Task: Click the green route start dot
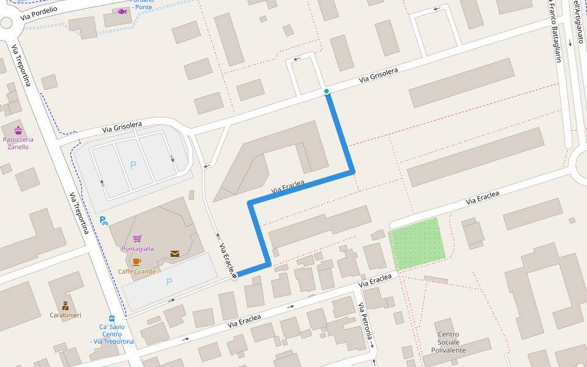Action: click(327, 92)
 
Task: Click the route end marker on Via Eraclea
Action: click(234, 276)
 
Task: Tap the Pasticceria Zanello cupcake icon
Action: click(18, 130)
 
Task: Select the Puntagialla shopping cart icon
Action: click(138, 239)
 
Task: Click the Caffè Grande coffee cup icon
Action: click(136, 262)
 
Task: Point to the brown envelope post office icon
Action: click(175, 254)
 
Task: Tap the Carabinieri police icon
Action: click(65, 305)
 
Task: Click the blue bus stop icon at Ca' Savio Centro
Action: click(112, 318)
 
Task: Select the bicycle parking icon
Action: click(103, 221)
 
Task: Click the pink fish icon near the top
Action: click(122, 11)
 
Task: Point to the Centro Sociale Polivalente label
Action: click(449, 343)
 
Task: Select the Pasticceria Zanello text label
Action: click(18, 143)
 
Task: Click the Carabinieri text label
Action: click(65, 315)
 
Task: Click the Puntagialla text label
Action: click(138, 249)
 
